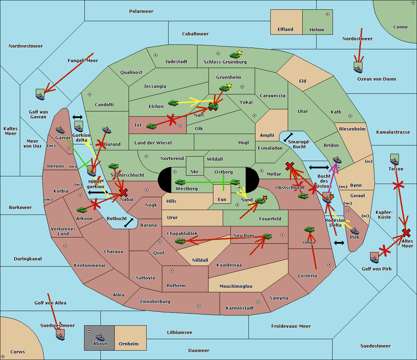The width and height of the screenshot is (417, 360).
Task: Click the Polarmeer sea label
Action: (141, 11)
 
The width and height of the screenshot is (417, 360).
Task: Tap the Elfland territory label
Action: (285, 30)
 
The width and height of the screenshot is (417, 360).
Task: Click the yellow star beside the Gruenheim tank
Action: (229, 85)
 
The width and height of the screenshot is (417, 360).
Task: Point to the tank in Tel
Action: (151, 126)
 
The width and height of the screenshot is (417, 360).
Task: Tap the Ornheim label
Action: (129, 344)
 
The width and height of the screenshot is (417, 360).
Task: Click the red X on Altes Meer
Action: (406, 233)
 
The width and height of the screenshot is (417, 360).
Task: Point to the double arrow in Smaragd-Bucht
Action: (288, 137)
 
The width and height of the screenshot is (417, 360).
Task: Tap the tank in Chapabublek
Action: (180, 241)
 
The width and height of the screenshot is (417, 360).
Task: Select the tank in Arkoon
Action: (82, 210)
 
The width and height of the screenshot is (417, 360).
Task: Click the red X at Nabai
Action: (123, 192)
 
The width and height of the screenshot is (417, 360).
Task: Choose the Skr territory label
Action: (195, 171)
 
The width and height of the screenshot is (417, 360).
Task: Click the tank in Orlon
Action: (309, 229)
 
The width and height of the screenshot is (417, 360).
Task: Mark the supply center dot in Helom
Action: (327, 14)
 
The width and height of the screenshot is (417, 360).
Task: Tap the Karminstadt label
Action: (240, 308)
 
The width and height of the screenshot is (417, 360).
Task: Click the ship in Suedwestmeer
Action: (60, 335)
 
